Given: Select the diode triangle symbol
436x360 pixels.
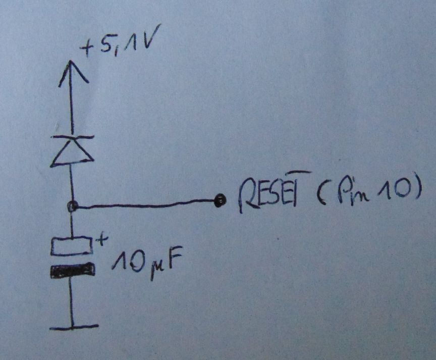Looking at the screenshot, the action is point(72,152).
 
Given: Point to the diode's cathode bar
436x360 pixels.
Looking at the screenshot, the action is point(73,137).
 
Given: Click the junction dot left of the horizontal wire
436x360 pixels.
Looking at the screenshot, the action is point(73,206).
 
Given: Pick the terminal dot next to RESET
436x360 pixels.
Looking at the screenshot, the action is point(220,200).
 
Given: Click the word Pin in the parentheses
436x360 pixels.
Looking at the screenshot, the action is point(353,192).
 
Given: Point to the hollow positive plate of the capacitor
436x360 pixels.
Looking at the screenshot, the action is point(72,246).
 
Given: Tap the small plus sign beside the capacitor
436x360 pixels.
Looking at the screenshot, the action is point(101,239).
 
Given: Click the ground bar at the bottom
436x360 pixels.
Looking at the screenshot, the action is point(74,327).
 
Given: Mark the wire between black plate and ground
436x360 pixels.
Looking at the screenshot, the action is point(72,301).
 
